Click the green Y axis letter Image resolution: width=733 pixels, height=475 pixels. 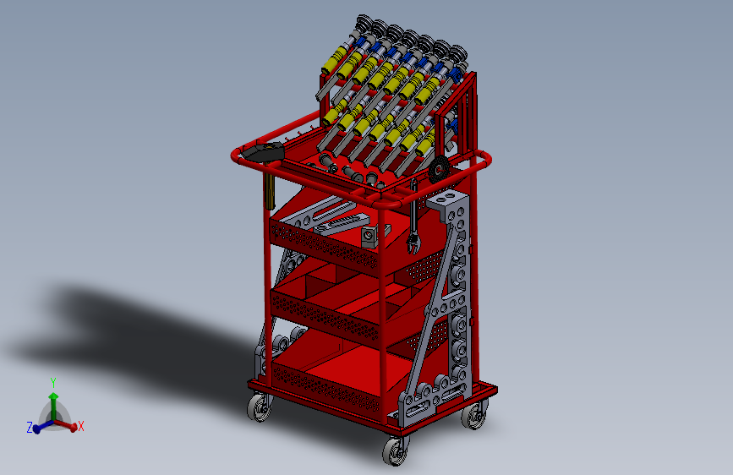tap(53, 382)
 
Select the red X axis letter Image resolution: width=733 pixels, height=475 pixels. tap(81, 426)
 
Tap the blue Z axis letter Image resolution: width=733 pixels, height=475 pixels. tap(30, 429)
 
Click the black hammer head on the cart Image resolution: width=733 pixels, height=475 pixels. tap(265, 153)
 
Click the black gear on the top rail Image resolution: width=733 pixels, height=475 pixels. tap(439, 171)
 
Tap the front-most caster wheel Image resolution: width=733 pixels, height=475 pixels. tap(395, 452)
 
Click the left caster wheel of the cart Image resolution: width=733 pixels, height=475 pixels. tap(259, 409)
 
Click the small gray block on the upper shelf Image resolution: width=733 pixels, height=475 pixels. tap(369, 236)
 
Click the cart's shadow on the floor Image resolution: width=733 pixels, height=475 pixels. tap(127, 330)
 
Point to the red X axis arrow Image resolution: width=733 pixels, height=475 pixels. tap(69, 426)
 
